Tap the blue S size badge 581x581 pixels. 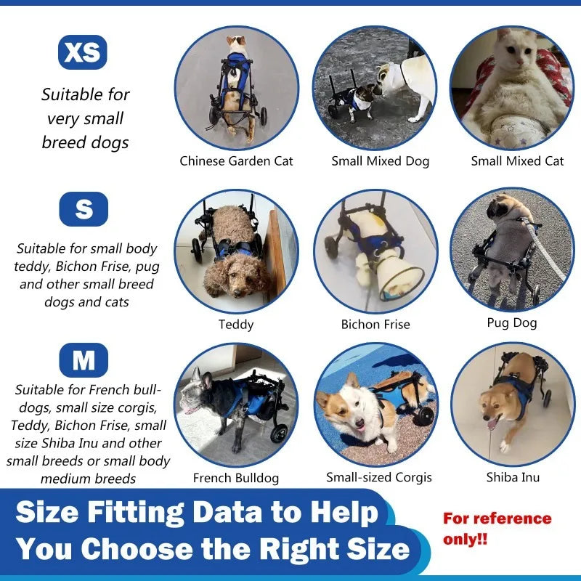[84, 209]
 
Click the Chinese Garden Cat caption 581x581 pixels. [236, 161]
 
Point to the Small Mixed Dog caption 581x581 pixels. [380, 161]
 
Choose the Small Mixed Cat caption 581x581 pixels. [517, 161]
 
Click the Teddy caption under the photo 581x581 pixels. [236, 325]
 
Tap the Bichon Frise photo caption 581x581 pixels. [375, 325]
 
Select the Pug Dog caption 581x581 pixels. [512, 322]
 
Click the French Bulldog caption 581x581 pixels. [236, 478]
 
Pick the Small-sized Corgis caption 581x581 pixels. [379, 477]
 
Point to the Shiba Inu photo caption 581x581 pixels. [513, 477]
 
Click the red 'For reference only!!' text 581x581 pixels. [497, 529]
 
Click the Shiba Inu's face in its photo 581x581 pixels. [495, 414]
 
